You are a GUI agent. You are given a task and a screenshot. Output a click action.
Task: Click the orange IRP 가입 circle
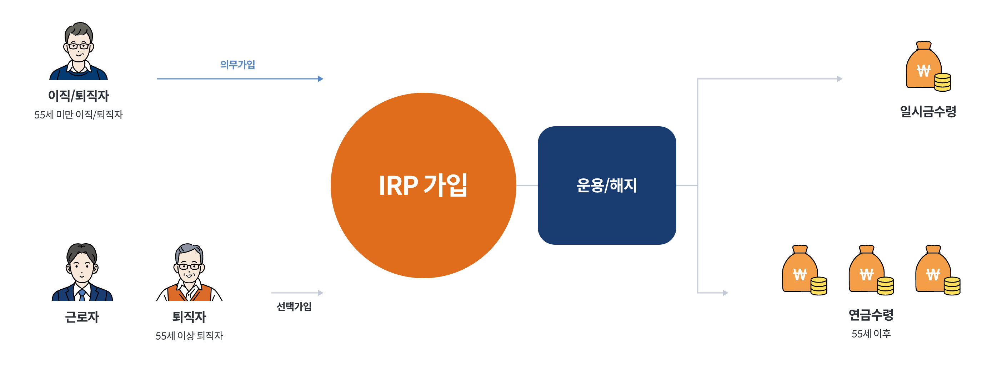(424, 185)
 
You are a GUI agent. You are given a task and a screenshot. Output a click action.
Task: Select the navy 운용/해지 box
(607, 185)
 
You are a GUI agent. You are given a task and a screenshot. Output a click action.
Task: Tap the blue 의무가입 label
(237, 65)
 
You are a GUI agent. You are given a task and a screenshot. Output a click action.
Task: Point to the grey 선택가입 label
(294, 306)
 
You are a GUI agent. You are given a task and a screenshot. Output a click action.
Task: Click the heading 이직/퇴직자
(79, 96)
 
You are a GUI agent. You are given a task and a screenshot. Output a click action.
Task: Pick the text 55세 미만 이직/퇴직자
(79, 115)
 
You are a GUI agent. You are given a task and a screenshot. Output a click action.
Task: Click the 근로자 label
(82, 317)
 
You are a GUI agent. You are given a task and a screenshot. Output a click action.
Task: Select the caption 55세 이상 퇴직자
(189, 336)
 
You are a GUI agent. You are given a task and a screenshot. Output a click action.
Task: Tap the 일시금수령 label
(928, 112)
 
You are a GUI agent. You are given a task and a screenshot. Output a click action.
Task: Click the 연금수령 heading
(871, 315)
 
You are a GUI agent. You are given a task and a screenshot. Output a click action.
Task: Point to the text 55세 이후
(871, 334)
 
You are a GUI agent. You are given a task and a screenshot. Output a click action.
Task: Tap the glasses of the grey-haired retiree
(189, 267)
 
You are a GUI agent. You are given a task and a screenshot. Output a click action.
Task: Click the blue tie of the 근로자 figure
(82, 295)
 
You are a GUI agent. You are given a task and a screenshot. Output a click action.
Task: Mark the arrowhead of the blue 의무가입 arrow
(321, 79)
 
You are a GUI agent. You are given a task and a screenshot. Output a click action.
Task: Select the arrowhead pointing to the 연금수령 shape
(726, 293)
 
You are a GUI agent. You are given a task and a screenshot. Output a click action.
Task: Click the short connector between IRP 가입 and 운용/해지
(527, 185)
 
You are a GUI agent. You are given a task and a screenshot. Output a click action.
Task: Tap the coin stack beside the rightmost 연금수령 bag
(952, 286)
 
